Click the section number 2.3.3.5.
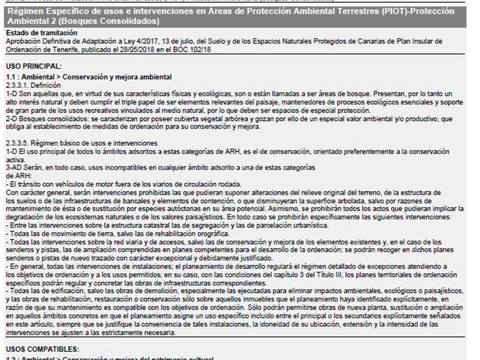[x=19, y=142]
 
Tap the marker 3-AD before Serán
[x=13, y=166]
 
